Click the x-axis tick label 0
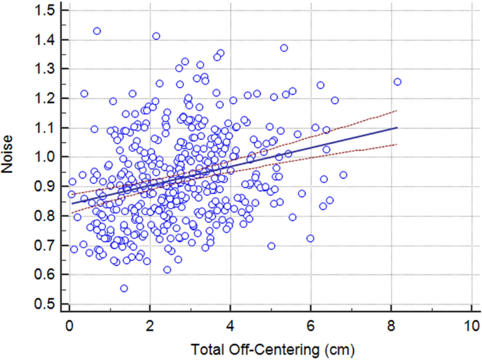click(x=70, y=326)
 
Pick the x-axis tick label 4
click(x=230, y=326)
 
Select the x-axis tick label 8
click(x=391, y=326)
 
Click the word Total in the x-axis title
click(x=210, y=348)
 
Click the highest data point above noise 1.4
click(x=97, y=31)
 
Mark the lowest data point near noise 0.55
click(x=124, y=288)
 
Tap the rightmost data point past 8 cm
click(x=397, y=82)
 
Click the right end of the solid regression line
click(x=398, y=127)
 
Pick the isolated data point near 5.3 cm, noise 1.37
click(x=284, y=48)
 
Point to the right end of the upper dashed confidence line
click(x=398, y=110)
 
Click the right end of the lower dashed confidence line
click(x=398, y=144)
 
